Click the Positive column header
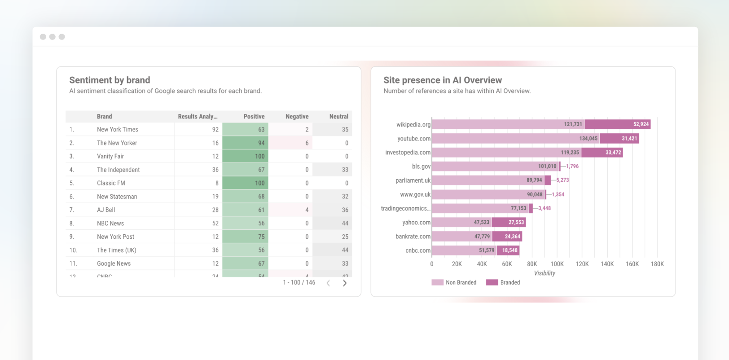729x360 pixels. pyautogui.click(x=254, y=116)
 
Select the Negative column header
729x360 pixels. pyautogui.click(x=297, y=116)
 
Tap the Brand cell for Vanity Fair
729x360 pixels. pyautogui.click(x=110, y=156)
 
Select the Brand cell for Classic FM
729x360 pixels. pyautogui.click(x=111, y=183)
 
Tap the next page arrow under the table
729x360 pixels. pyautogui.click(x=344, y=283)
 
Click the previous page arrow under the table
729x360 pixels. pyautogui.click(x=328, y=283)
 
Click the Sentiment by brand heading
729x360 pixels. pyautogui.click(x=110, y=80)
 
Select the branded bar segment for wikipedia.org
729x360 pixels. pyautogui.click(x=617, y=124)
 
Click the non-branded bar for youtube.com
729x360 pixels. pyautogui.click(x=515, y=138)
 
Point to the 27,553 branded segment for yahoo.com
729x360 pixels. pyautogui.click(x=509, y=222)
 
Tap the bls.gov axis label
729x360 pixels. pyautogui.click(x=421, y=167)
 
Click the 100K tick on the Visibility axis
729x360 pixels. pyautogui.click(x=557, y=264)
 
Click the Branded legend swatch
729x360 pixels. pyautogui.click(x=492, y=282)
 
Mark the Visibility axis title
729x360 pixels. pyautogui.click(x=544, y=273)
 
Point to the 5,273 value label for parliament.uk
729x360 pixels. pyautogui.click(x=562, y=180)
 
